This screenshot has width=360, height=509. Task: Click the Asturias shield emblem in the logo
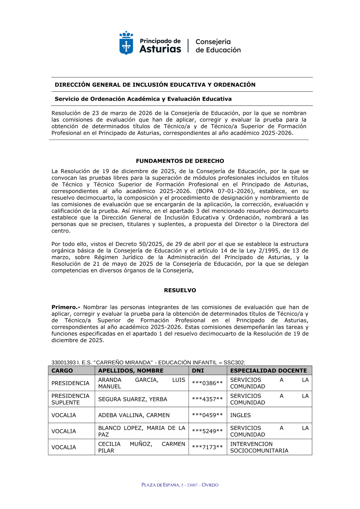pos(126,43)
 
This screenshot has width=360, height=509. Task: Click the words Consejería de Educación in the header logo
pos(218,46)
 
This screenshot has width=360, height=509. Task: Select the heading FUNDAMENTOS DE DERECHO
pos(180,161)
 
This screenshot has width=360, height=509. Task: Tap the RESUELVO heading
pos(180,290)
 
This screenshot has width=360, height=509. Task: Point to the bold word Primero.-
pos(66,307)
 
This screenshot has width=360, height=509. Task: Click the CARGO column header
pos(62,370)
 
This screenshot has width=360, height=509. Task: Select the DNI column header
pos(198,370)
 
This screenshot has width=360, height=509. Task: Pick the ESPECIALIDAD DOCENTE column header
pos(269,370)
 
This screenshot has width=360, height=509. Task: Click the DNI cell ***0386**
pos(207,383)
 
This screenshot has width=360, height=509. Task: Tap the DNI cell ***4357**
pos(207,399)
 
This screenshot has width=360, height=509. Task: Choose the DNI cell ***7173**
pos(207,447)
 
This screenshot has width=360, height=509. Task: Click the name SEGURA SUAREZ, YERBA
pos(133,399)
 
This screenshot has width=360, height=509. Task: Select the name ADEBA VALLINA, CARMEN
pos(134,415)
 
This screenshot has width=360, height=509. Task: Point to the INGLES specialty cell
pos(240,415)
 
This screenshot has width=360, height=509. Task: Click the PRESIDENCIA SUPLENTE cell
pos(70,399)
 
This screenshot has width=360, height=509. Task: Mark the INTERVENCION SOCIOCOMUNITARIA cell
pos(259,447)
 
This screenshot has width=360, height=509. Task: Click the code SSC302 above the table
pos(234,362)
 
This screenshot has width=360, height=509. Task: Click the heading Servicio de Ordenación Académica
pos(143,99)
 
